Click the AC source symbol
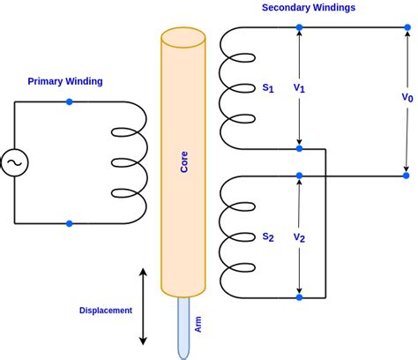tap(15, 162)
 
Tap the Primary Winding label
tap(65, 81)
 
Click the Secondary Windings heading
tap(308, 8)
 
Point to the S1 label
tap(268, 88)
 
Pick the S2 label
tap(268, 236)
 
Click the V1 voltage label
tap(300, 88)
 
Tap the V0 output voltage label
tap(407, 97)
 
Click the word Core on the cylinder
tap(183, 161)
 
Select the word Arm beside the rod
tap(198, 325)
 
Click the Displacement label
tap(106, 311)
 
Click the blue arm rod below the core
tap(183, 326)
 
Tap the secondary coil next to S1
tap(235, 88)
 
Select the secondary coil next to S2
tap(235, 236)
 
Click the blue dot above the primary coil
tap(70, 101)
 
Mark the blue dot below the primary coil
tap(70, 223)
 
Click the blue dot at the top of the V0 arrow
tap(407, 27)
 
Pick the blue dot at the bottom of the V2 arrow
tap(300, 297)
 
